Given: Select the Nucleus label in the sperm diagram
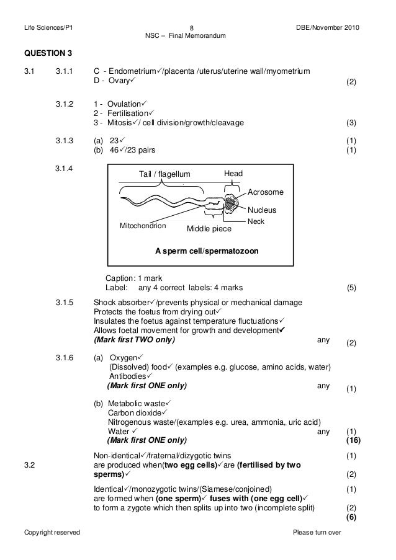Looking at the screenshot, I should pos(263,210).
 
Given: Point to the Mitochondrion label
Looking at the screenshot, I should pos(143,226).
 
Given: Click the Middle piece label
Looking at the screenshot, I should pos(209,229).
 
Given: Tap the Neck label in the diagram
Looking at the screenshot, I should pos(255,221).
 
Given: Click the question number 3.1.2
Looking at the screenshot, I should pos(64,103).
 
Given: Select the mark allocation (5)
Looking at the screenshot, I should pos(351,288).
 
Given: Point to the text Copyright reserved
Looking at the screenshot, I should pos(47,533).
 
